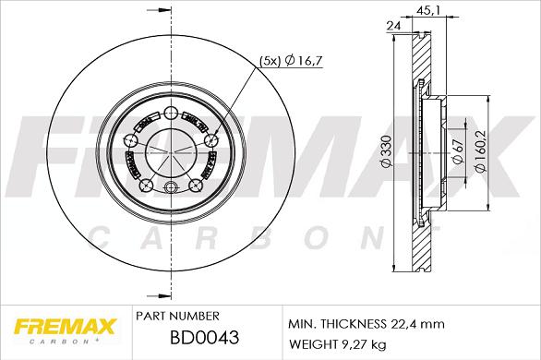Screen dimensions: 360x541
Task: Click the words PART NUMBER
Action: click(176, 316)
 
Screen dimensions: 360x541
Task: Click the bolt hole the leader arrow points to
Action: click(211, 140)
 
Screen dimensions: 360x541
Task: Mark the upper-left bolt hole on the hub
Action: click(130, 140)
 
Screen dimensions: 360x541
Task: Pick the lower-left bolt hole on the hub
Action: click(144, 186)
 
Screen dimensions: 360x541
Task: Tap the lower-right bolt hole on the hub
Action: click(196, 185)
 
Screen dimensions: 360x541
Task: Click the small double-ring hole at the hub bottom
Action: click(171, 190)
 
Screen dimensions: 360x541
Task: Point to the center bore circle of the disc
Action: click(171, 151)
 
